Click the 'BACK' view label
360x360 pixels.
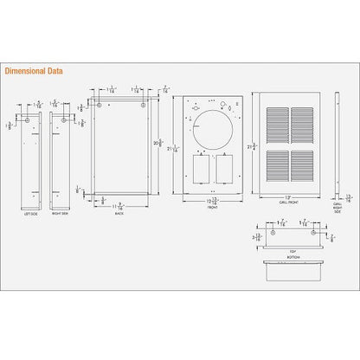coord(120,214)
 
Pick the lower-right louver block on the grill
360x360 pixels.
coord(303,167)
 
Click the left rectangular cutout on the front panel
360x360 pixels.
coord(200,170)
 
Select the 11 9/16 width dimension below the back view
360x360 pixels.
coord(121,206)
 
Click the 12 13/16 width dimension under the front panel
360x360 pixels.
coord(211,202)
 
